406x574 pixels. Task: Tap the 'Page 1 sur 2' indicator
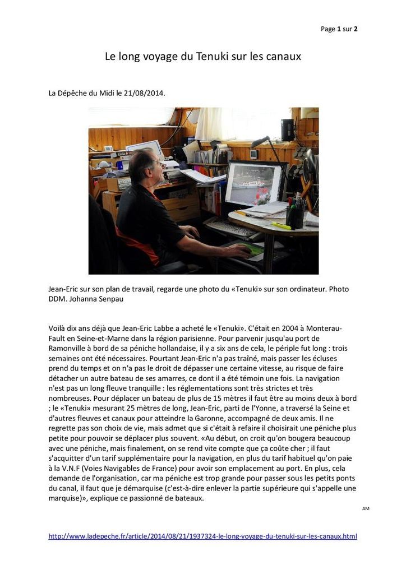click(339, 29)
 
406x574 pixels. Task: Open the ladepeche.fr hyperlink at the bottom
click(202, 536)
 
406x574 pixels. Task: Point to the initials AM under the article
click(366, 508)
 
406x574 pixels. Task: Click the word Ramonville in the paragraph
click(68, 348)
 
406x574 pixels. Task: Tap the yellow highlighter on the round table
click(281, 226)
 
